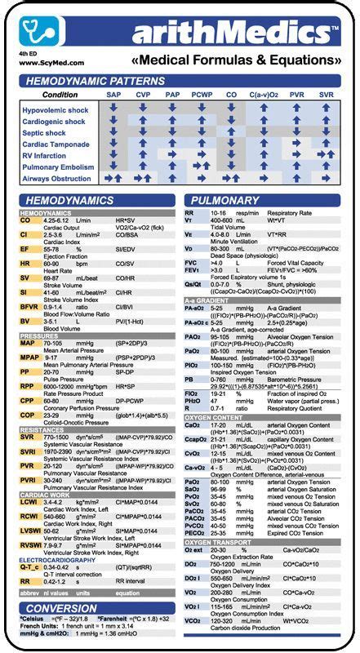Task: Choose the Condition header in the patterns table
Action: (60, 96)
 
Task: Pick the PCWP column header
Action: (203, 96)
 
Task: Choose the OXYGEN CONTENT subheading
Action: (216, 418)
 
